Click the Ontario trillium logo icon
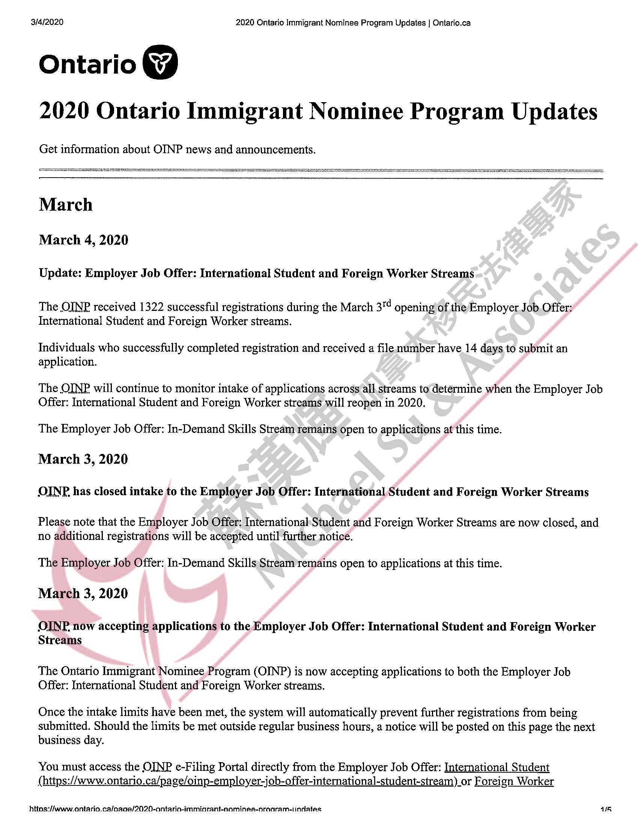[x=160, y=62]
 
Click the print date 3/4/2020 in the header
[x=47, y=22]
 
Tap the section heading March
[x=66, y=205]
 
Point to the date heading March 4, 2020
[x=84, y=240]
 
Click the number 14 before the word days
[x=471, y=348]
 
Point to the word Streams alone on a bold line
[x=60, y=640]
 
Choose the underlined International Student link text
[x=497, y=767]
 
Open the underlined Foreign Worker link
[x=514, y=781]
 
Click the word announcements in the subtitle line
[x=275, y=150]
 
